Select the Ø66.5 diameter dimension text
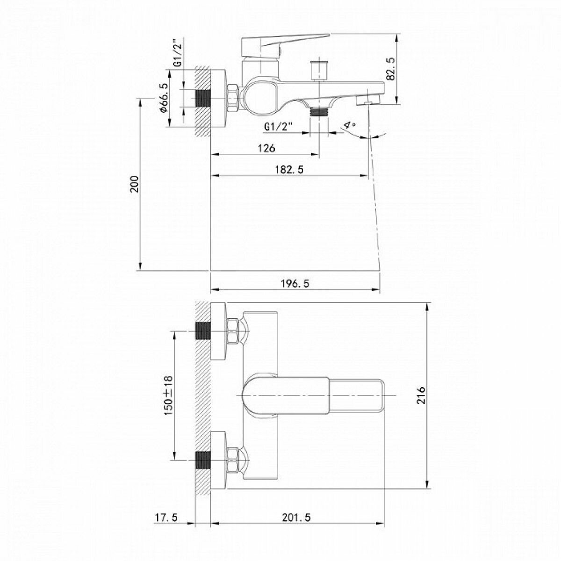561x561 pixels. pos(164,98)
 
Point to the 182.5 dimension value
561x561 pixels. pos(289,169)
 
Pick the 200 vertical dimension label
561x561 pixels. pos(135,184)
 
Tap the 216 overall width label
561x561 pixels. pos(421,395)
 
